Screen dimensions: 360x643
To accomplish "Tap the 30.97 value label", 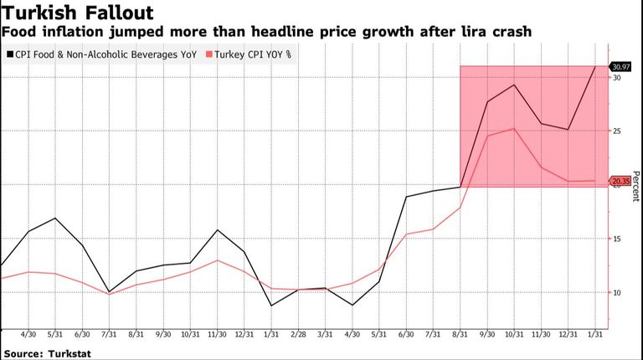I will [x=621, y=66].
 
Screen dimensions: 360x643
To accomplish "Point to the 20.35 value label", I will [x=621, y=181].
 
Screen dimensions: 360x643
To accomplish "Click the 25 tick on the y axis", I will [x=617, y=131].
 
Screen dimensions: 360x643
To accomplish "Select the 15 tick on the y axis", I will [x=617, y=239].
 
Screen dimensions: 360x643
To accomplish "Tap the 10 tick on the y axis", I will [x=617, y=293].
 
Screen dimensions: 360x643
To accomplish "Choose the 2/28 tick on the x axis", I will [x=298, y=334].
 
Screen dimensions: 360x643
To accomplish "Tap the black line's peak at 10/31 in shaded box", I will [x=514, y=85].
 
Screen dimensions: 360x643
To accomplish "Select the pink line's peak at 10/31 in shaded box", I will [x=514, y=128].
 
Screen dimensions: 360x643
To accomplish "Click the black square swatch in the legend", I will [x=10, y=54].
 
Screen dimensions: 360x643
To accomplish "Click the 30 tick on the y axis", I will [x=617, y=78].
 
